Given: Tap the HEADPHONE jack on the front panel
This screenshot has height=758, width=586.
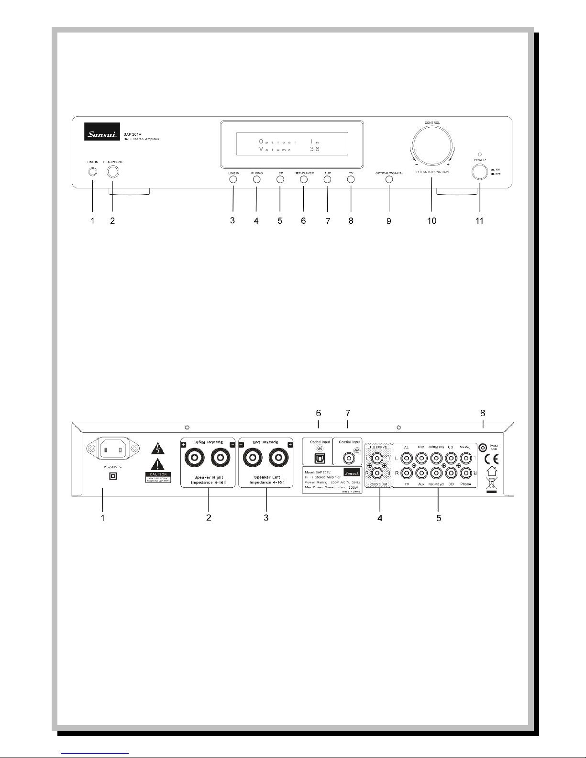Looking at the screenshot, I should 113,173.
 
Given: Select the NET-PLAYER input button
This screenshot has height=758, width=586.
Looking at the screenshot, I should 304,179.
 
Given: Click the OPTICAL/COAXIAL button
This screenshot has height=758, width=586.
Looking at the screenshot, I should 389,179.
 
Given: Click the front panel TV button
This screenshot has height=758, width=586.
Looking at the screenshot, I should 351,179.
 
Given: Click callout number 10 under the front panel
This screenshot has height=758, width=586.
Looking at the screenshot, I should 431,220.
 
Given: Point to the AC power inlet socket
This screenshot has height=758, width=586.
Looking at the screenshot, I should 114,450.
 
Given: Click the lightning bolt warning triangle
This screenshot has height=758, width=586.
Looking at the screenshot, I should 157,449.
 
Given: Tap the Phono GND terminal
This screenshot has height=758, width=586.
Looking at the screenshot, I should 483,447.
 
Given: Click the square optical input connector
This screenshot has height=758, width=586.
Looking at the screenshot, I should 317,458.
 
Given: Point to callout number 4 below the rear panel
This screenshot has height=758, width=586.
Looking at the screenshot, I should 380,518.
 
